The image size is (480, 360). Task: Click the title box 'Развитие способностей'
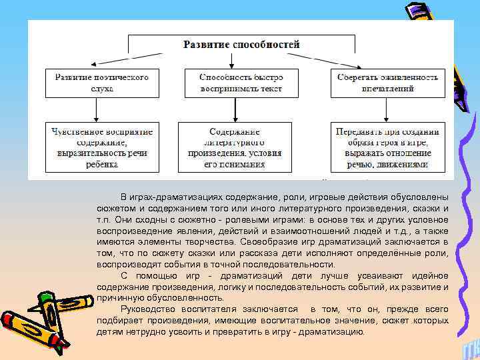coord(241,45)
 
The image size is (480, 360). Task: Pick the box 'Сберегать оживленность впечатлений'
coord(388,83)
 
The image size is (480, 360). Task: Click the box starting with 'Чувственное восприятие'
coord(102,147)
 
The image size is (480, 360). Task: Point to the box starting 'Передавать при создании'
coord(388,147)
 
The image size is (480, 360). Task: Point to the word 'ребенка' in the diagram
coord(102,163)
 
